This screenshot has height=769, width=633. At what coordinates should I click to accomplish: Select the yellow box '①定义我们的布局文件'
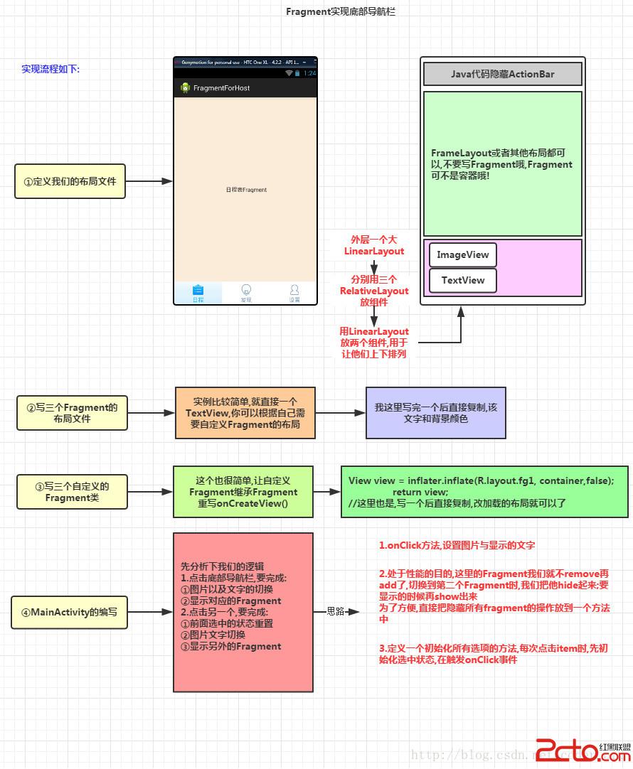(x=70, y=181)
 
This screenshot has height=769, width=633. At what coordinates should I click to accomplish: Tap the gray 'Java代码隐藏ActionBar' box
(x=502, y=74)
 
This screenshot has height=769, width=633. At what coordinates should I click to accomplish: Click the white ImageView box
(x=463, y=254)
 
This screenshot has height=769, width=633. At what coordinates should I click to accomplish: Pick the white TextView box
(x=463, y=280)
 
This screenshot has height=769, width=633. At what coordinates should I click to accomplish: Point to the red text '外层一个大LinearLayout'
(x=374, y=245)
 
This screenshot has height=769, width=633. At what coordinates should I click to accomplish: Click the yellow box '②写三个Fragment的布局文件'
(x=72, y=413)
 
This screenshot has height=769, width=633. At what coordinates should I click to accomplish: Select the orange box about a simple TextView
(x=245, y=413)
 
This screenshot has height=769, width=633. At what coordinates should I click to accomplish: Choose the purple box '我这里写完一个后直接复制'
(x=435, y=413)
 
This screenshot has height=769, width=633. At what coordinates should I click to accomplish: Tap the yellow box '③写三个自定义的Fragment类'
(x=72, y=492)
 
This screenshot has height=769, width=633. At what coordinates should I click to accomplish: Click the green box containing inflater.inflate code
(x=484, y=492)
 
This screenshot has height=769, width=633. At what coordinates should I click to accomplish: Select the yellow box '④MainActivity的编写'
(x=70, y=612)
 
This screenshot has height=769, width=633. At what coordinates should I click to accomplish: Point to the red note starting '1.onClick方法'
(x=457, y=545)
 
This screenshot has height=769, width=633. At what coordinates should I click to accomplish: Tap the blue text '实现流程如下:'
(x=50, y=69)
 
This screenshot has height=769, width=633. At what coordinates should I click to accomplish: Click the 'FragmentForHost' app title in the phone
(x=221, y=88)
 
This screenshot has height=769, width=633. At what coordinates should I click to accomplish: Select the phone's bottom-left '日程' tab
(x=198, y=293)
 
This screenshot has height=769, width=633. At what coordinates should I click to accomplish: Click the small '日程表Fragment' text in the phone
(x=246, y=190)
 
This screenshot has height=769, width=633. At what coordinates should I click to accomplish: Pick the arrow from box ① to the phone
(x=149, y=181)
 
